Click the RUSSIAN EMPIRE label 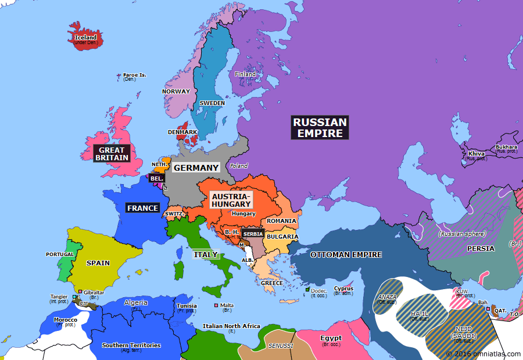tap(320, 128)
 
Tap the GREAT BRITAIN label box tap(110, 154)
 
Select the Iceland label tap(85, 38)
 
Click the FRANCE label tap(142, 208)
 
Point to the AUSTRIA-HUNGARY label tap(231, 200)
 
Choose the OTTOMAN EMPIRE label tap(346, 254)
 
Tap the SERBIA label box tap(253, 233)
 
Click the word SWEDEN tap(212, 103)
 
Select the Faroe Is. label tap(134, 75)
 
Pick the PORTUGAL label tap(60, 254)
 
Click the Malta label tap(227, 305)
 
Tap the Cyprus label tap(343, 289)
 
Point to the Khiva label tap(477, 154)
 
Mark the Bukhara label tap(506, 147)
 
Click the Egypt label tap(331, 338)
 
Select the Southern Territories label tap(131, 345)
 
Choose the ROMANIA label tap(282, 221)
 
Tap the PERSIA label tap(481, 249)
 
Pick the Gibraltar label tap(94, 293)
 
